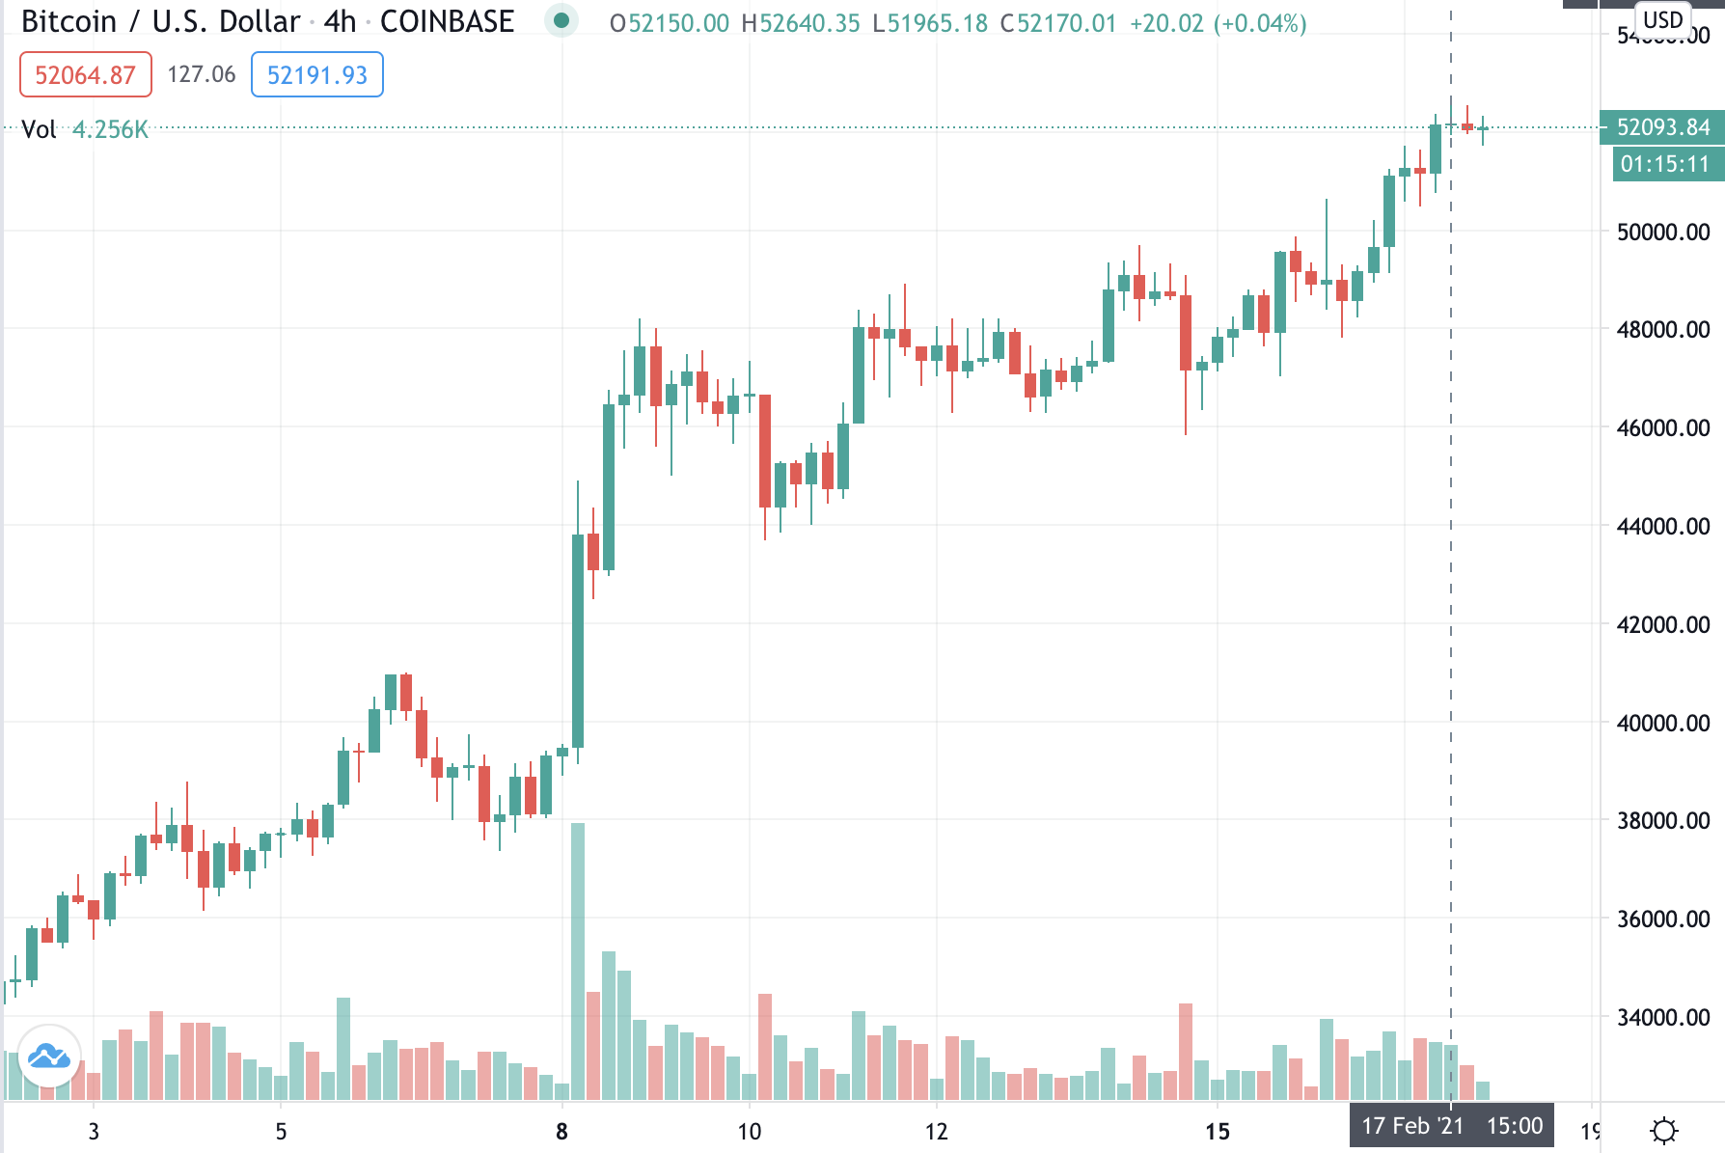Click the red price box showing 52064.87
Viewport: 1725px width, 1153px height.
point(85,75)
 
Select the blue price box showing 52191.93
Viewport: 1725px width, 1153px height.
point(316,75)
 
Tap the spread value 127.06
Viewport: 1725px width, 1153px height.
point(202,74)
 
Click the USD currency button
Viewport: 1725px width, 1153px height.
point(1662,19)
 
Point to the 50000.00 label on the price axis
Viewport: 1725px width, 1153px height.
point(1662,232)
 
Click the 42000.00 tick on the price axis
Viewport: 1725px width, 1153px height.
point(1662,624)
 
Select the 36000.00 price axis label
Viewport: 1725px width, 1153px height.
point(1662,919)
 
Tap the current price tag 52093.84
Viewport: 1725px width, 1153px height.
point(1662,127)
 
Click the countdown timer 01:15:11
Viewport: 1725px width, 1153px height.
point(1664,164)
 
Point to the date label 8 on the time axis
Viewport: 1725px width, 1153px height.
point(561,1131)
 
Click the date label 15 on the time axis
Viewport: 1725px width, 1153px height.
point(1218,1131)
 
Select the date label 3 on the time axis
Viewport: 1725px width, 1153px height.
point(94,1131)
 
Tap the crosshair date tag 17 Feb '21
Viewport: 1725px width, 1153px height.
point(1412,1126)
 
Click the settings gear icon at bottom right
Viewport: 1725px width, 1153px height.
point(1664,1130)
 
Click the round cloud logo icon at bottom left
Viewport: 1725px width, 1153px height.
point(48,1057)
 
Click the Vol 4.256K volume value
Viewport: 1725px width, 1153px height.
point(110,129)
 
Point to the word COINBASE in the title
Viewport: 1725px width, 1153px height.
point(447,21)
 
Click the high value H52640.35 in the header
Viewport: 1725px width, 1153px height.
point(800,23)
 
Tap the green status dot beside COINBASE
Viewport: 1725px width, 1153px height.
point(561,20)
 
